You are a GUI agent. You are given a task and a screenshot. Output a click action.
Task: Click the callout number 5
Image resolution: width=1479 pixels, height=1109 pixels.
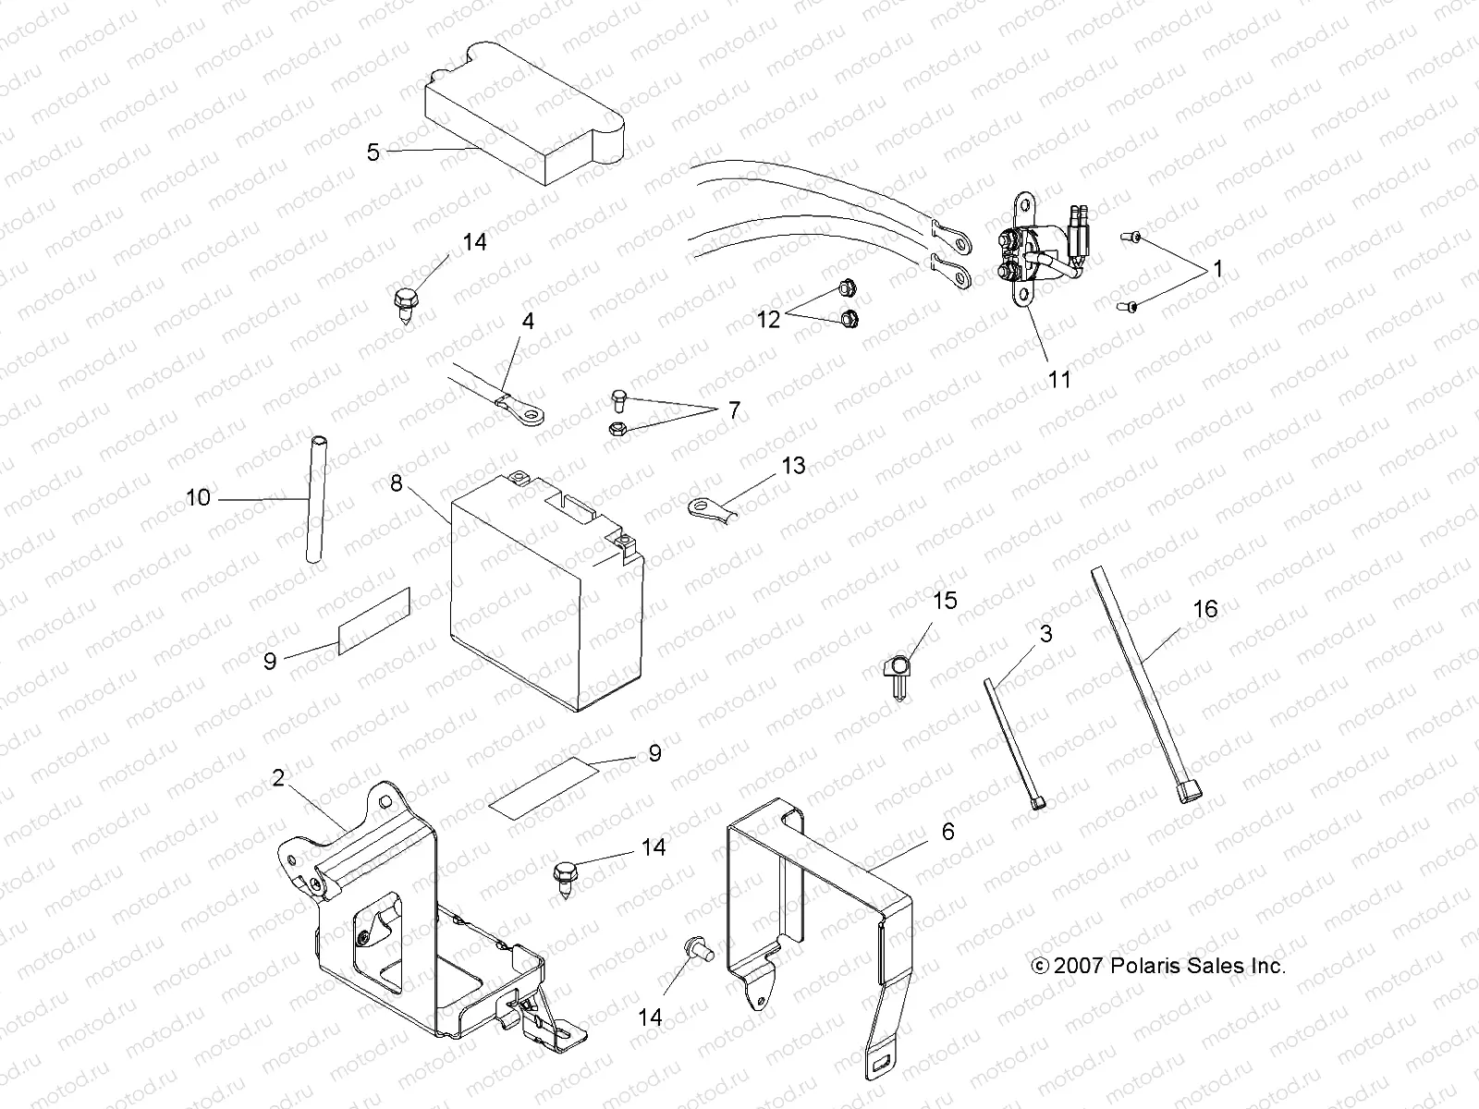pos(373,152)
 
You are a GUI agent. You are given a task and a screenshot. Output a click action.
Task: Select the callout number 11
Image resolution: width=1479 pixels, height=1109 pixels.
pos(1059,379)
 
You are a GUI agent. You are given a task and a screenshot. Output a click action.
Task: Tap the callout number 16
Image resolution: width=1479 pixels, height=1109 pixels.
pos(1205,609)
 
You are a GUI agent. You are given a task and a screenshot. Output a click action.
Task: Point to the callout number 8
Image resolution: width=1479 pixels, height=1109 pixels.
pos(397,482)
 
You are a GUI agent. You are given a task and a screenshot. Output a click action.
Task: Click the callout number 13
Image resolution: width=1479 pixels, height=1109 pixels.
pos(794,466)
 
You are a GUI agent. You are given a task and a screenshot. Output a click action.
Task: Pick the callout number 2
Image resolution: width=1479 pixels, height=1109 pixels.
pos(278,777)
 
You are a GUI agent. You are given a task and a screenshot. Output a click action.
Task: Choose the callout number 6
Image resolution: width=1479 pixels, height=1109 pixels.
pos(947,832)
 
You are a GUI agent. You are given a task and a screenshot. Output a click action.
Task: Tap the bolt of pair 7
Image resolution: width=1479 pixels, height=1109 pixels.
pos(620,400)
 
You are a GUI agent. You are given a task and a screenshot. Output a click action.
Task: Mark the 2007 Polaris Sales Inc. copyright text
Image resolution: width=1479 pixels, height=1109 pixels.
pos(1157,966)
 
